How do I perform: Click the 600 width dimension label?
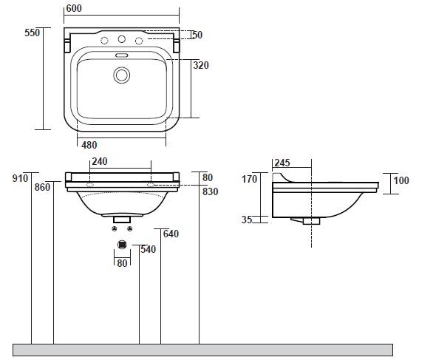[x=74, y=8]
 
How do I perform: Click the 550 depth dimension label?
[x=32, y=33]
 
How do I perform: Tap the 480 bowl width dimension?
[x=89, y=145]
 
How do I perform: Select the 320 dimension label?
[x=201, y=65]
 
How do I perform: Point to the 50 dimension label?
[x=197, y=35]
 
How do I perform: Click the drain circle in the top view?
[x=121, y=75]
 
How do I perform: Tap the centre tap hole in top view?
[x=121, y=39]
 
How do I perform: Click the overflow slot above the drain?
[x=121, y=55]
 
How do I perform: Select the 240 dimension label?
[x=100, y=161]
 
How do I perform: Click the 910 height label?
[x=20, y=178]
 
